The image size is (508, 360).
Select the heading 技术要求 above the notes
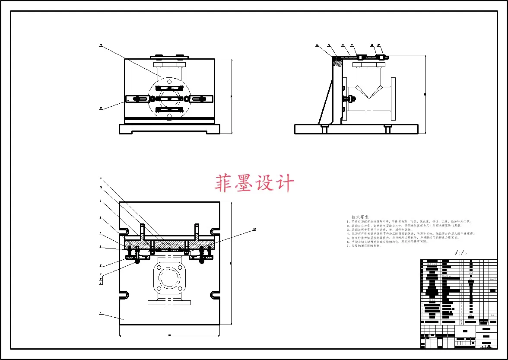360,217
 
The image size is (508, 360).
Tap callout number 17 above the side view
352,45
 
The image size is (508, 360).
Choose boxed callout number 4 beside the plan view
101,283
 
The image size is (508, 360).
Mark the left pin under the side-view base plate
323,129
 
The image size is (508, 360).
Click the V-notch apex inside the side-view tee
368,96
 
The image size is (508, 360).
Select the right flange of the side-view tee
393,99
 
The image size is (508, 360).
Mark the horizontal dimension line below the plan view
169,335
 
